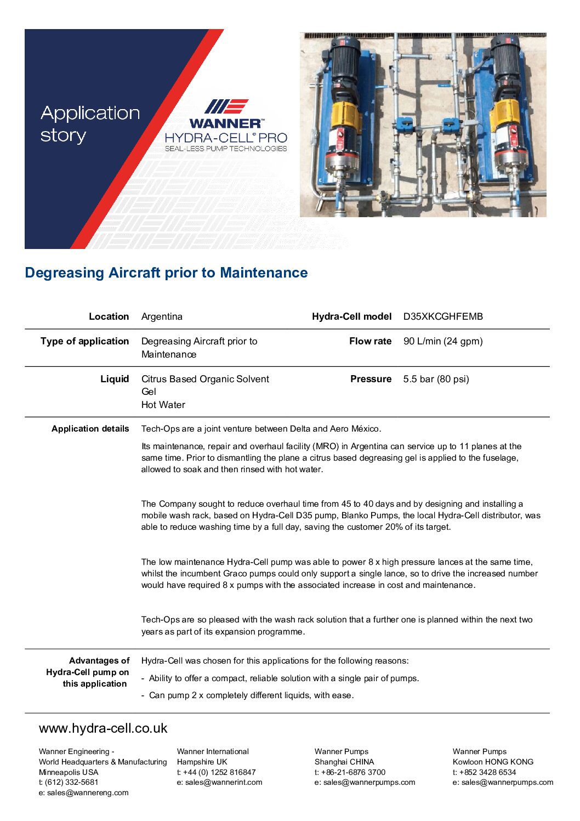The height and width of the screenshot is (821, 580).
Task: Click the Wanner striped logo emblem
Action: pos(226,106)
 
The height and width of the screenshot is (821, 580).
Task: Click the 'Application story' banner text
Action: pos(90,124)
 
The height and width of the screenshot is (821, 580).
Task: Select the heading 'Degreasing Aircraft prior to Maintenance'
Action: pos(166,273)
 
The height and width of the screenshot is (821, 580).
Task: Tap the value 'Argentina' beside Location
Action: pos(162,316)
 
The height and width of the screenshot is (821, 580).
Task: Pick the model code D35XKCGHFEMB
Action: pos(443,316)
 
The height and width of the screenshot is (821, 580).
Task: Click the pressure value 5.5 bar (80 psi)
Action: pos(436,379)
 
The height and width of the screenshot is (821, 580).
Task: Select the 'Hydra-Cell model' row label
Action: pos(351,316)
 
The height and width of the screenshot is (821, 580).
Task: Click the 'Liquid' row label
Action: pos(115,379)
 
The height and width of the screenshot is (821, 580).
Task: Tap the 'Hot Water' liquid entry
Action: pos(163,405)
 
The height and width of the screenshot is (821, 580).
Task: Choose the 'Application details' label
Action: pos(90,429)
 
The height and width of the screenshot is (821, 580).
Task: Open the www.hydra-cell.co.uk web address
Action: pos(103,728)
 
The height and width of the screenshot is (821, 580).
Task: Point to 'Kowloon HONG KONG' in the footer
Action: pos(493,762)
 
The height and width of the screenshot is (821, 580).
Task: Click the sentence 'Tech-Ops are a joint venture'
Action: pos(261,429)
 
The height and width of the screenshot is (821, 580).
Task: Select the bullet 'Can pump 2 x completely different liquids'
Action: pos(251,695)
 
